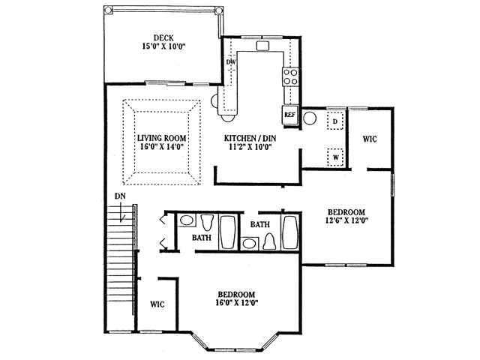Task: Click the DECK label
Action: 164,37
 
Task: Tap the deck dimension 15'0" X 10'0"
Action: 164,46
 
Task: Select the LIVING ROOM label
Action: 161,138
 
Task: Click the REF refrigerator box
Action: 290,115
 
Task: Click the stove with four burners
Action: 289,76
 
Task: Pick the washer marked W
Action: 335,157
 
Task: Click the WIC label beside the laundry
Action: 370,139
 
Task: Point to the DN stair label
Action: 119,196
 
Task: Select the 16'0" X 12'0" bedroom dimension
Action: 237,303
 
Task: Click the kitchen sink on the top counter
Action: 262,46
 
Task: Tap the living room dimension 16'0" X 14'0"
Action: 161,148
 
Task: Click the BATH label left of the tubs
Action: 201,238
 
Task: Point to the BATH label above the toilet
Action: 260,223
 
